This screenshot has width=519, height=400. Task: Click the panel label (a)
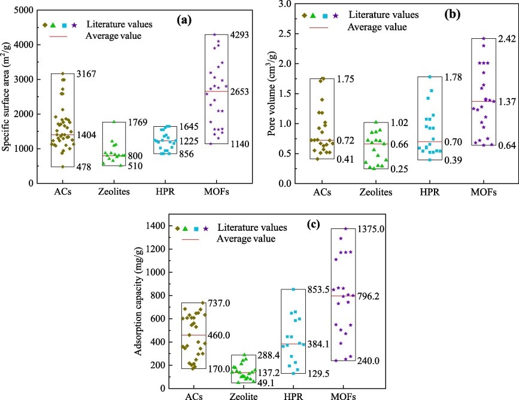tap(184, 20)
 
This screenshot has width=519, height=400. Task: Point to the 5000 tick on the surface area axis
tap(23, 10)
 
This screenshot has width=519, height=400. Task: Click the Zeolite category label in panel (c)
tap(244, 395)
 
